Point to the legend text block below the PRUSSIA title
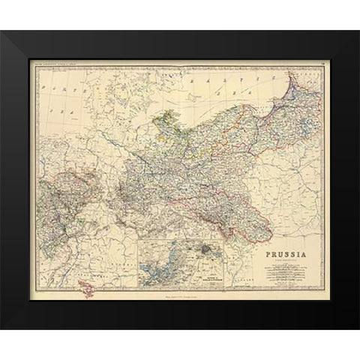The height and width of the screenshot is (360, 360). [x=289, y=273]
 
